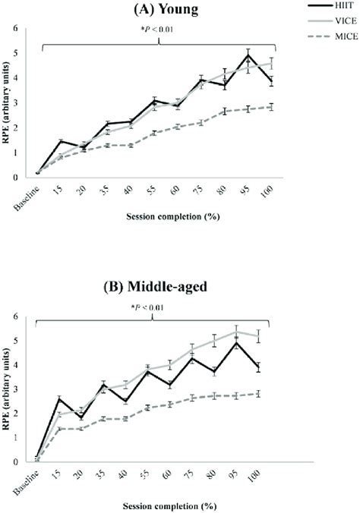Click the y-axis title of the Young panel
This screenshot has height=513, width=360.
click(9, 102)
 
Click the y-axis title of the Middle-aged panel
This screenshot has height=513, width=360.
click(9, 387)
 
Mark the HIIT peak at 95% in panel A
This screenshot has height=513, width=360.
click(248, 57)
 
